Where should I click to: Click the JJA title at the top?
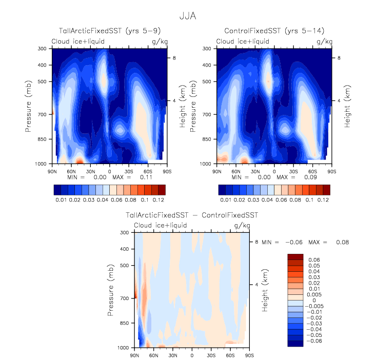tap(187, 16)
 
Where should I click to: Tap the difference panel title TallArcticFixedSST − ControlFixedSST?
tap(192, 215)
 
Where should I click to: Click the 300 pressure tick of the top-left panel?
tap(43, 49)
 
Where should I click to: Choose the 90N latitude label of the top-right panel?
tap(219, 170)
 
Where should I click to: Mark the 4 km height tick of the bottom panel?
tap(257, 284)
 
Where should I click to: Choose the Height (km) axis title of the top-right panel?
tap(348, 106)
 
